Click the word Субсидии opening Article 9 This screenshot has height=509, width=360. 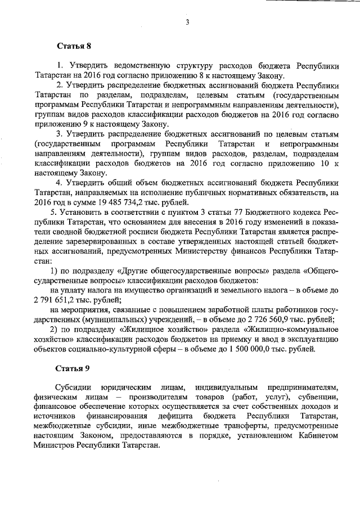click(x=74, y=388)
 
